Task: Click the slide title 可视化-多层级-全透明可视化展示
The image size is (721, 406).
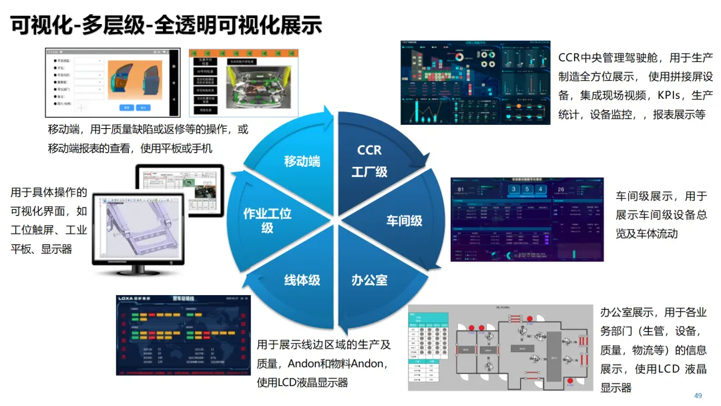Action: point(166,25)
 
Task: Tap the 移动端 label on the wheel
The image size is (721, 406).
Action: point(302,161)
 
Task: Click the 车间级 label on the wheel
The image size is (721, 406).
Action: point(404,220)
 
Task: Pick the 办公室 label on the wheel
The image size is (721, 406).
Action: point(369,280)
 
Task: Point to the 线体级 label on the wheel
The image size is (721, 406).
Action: point(302,280)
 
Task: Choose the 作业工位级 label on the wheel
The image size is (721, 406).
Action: point(267,220)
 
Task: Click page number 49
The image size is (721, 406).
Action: point(698,395)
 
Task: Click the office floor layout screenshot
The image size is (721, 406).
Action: point(499,347)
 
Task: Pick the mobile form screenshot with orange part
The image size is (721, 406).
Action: point(112,81)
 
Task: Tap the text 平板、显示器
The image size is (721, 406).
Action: point(41,248)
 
